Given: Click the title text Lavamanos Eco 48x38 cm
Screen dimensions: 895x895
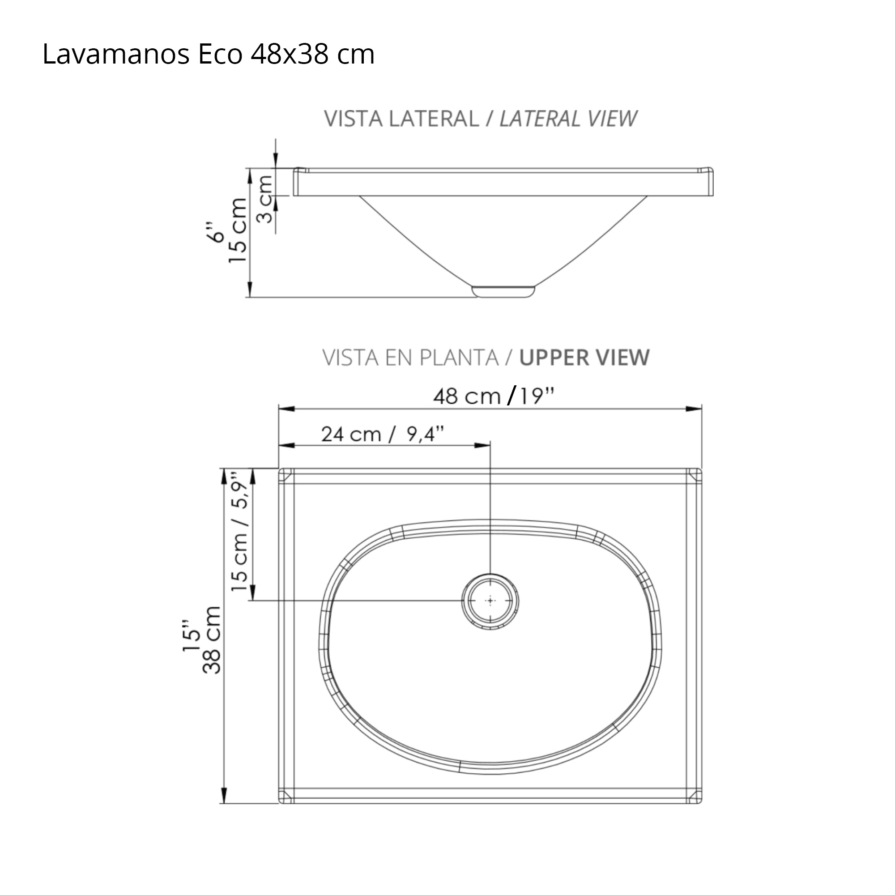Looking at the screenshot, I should [208, 54].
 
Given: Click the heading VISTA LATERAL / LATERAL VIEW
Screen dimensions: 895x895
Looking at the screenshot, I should [480, 119].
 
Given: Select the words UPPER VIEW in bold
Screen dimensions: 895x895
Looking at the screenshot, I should [584, 358].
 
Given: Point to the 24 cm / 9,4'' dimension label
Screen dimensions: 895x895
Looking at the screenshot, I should [382, 435].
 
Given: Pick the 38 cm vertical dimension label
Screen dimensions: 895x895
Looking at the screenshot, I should [213, 640].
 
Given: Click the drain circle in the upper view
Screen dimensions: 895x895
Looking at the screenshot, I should [490, 601].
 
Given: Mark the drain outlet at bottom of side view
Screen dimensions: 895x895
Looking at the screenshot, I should [503, 292].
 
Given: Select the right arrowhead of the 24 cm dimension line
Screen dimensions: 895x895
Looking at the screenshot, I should [483, 445].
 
